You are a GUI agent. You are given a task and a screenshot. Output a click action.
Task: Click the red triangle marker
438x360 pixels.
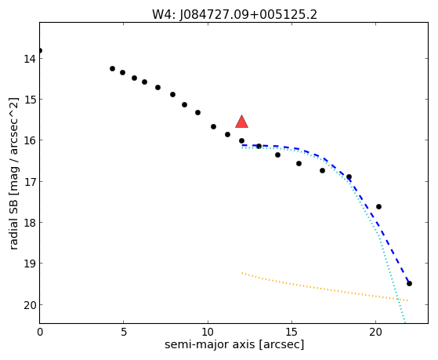tap(241, 122)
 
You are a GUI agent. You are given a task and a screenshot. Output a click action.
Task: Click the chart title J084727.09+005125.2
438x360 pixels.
tap(248, 15)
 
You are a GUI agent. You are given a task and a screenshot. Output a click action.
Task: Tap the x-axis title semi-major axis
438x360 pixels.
tap(209, 344)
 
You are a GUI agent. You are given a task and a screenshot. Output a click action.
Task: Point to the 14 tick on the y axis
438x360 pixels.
tap(30, 59)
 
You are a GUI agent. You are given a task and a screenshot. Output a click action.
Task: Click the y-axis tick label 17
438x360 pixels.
tap(30, 181)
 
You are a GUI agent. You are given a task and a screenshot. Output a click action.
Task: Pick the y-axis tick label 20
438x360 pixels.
tap(30, 305)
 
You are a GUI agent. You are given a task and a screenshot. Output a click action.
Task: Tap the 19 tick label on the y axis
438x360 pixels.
tap(30, 264)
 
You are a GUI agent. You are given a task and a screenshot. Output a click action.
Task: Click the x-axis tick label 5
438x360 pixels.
tap(124, 332)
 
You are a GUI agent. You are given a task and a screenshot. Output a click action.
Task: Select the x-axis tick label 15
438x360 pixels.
tap(291, 332)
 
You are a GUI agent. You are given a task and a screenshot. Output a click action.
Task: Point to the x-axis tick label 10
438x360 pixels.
tap(208, 332)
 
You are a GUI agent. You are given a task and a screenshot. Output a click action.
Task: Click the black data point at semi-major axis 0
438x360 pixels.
tap(40, 51)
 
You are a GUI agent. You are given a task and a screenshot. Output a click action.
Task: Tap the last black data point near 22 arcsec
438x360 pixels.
tap(409, 284)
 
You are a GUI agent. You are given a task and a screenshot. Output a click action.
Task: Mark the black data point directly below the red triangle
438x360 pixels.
tap(241, 140)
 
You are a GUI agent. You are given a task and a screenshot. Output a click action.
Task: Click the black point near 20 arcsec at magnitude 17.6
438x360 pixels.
tap(378, 207)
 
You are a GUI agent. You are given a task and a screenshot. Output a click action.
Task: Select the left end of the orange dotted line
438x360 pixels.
tap(242, 273)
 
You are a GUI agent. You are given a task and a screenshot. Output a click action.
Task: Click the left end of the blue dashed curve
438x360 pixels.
tap(242, 145)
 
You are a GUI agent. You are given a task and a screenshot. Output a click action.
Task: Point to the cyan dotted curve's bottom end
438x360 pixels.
tap(405, 322)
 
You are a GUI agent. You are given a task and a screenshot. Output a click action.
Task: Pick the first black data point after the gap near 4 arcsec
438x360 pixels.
tap(112, 68)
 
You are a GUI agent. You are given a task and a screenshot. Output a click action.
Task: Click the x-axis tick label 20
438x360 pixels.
tap(375, 332)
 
